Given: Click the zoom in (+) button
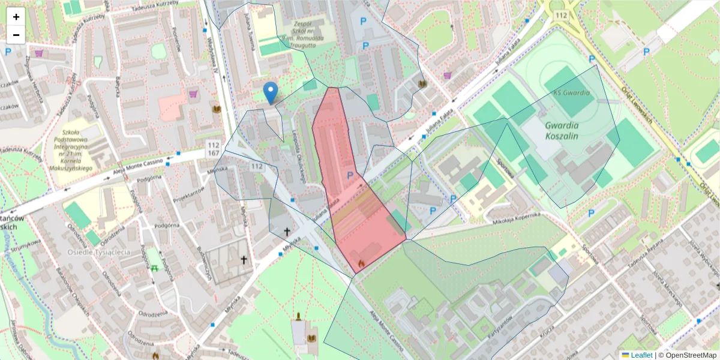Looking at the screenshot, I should click(x=16, y=17).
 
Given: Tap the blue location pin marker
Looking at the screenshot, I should click(x=271, y=93).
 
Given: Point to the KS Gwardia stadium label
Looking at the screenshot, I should click(x=571, y=93).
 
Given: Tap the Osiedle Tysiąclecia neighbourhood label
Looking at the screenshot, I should click(x=99, y=252).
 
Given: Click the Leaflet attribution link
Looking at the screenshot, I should click(x=641, y=355).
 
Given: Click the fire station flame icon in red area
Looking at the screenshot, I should click(x=361, y=263).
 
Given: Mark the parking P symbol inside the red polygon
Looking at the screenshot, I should click(x=350, y=175).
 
